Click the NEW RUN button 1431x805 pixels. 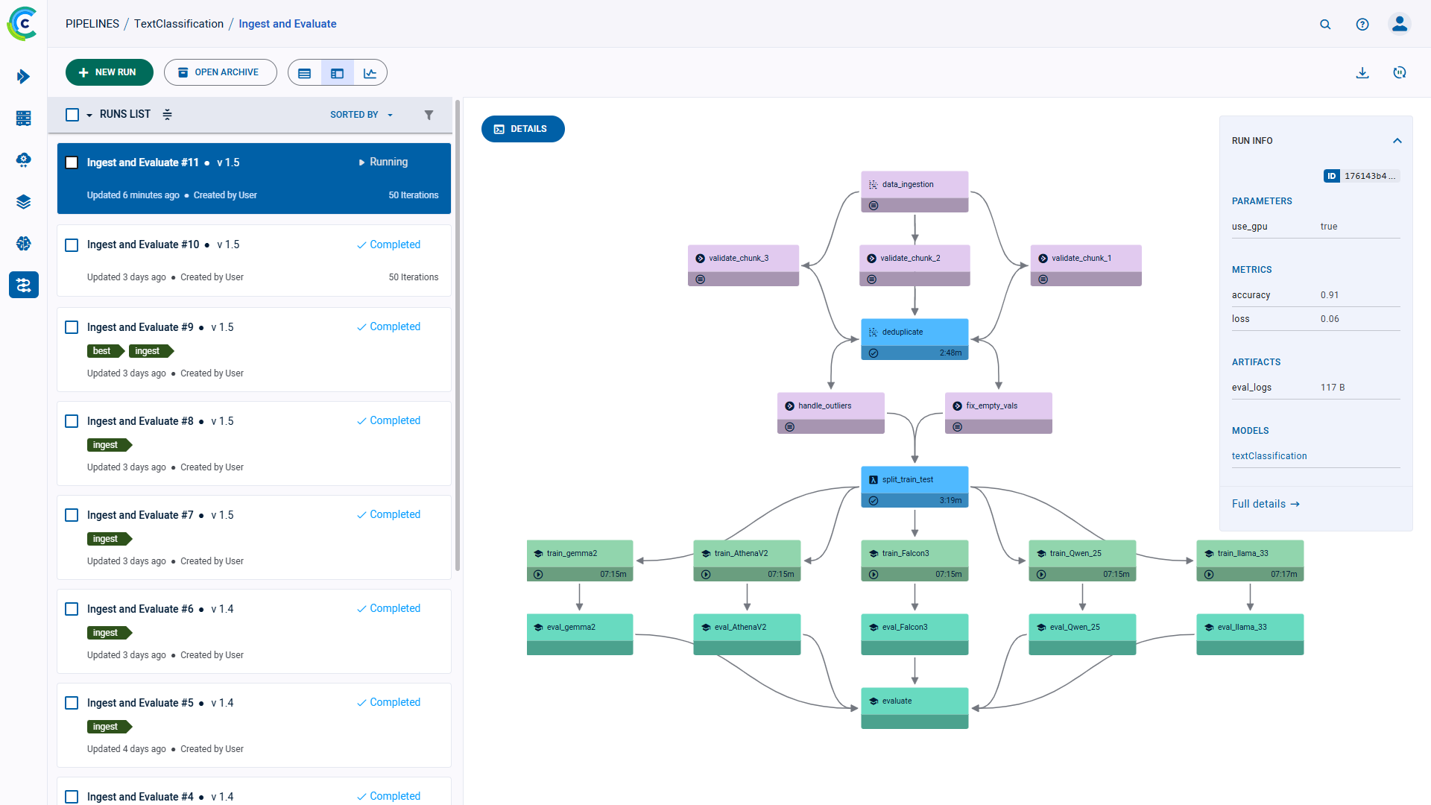pyautogui.click(x=109, y=72)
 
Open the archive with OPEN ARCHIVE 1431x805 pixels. pyautogui.click(x=220, y=72)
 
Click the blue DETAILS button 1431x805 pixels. pyautogui.click(x=522, y=129)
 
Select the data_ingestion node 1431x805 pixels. pyautogui.click(x=914, y=185)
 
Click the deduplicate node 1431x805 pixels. pyautogui.click(x=914, y=332)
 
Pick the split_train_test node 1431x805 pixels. pyautogui.click(x=914, y=480)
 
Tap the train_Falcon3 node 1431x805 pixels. pyautogui.click(x=914, y=554)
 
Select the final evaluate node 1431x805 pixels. pyautogui.click(x=914, y=701)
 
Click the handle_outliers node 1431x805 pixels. pyautogui.click(x=830, y=406)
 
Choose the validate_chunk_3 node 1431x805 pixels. pyautogui.click(x=743, y=259)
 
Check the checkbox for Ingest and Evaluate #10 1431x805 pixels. pyautogui.click(x=72, y=245)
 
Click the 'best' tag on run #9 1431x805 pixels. pyautogui.click(x=103, y=351)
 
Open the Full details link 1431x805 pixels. pyautogui.click(x=1265, y=504)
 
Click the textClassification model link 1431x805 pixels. pyautogui.click(x=1269, y=456)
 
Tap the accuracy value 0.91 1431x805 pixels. pyautogui.click(x=1329, y=295)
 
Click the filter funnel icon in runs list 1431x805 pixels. pyautogui.click(x=429, y=115)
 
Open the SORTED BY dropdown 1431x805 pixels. pyautogui.click(x=361, y=115)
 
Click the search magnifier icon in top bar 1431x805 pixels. pyautogui.click(x=1324, y=24)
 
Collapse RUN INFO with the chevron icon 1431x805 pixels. pyautogui.click(x=1397, y=141)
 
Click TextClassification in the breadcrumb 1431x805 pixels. pyautogui.click(x=178, y=24)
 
